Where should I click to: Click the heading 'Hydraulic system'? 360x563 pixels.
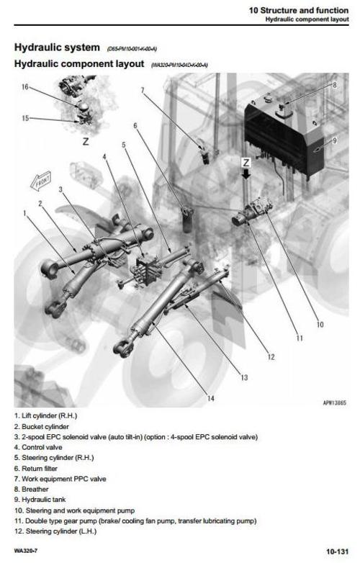coord(57,48)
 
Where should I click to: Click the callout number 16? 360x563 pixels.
coord(25,87)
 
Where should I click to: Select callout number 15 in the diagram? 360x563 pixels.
coord(25,118)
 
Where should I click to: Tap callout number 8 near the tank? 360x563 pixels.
coord(334,84)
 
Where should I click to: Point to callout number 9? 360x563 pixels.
coord(334,140)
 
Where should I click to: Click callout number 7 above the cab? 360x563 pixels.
coord(143,91)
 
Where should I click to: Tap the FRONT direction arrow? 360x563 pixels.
coord(40,179)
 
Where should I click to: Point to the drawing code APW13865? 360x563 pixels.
coord(335,403)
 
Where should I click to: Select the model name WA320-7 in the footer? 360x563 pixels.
coord(27,551)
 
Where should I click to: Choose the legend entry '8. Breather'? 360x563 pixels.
coord(34,489)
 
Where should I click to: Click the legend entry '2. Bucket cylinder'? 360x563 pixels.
coord(45,426)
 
